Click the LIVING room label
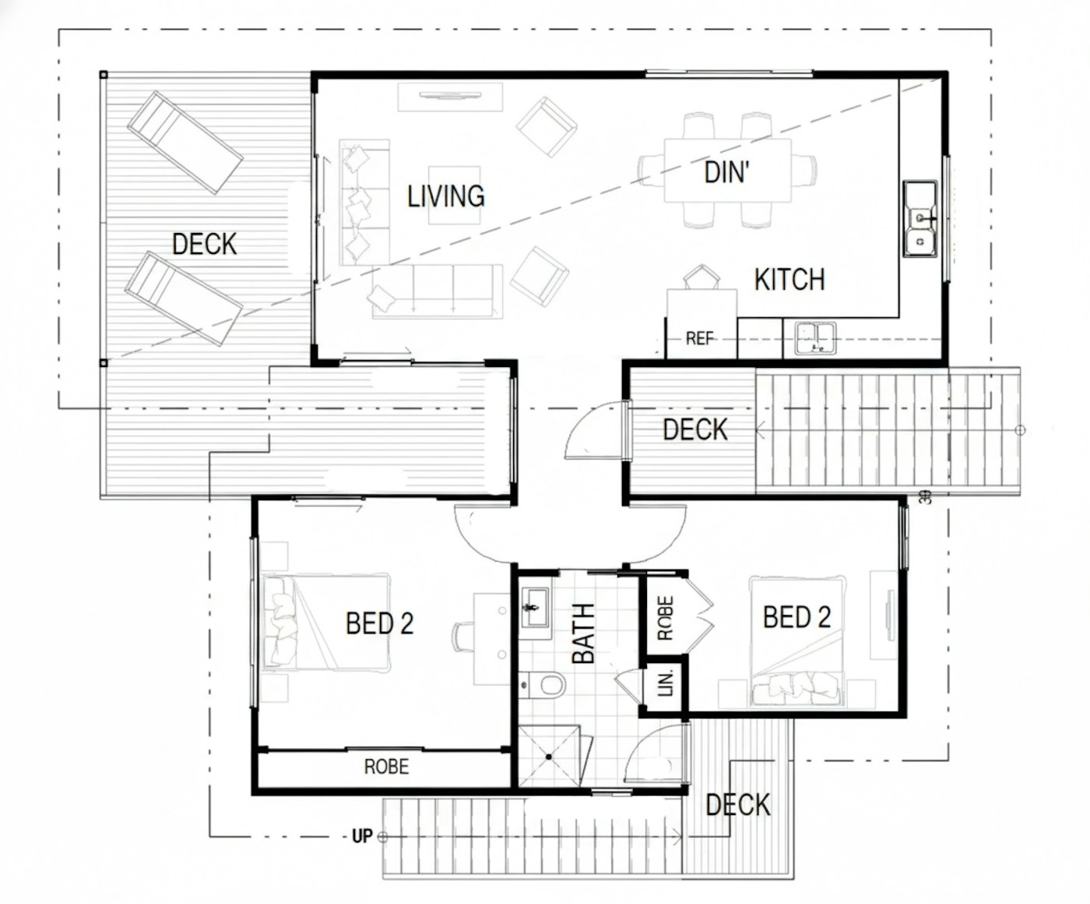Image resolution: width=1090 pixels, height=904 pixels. [446, 196]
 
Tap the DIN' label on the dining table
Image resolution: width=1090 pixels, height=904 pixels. [726, 172]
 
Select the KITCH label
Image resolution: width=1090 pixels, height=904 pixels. [789, 280]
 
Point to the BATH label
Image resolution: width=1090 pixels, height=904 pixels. [584, 634]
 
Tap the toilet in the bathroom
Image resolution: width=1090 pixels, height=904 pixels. [543, 684]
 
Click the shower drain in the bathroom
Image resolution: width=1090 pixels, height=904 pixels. [549, 757]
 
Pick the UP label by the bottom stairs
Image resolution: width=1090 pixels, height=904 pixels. [362, 837]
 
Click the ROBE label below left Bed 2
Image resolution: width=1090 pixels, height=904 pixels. [386, 767]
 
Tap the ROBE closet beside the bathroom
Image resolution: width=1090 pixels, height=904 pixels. [665, 618]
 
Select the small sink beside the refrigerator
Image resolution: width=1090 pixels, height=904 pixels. [815, 338]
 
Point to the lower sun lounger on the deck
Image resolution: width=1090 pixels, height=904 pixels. [184, 298]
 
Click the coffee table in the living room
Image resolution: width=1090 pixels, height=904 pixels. [454, 195]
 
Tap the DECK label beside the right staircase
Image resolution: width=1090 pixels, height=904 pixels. [694, 429]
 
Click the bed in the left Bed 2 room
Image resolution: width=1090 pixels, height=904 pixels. [327, 623]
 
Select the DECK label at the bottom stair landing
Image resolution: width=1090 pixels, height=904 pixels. [737, 805]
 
